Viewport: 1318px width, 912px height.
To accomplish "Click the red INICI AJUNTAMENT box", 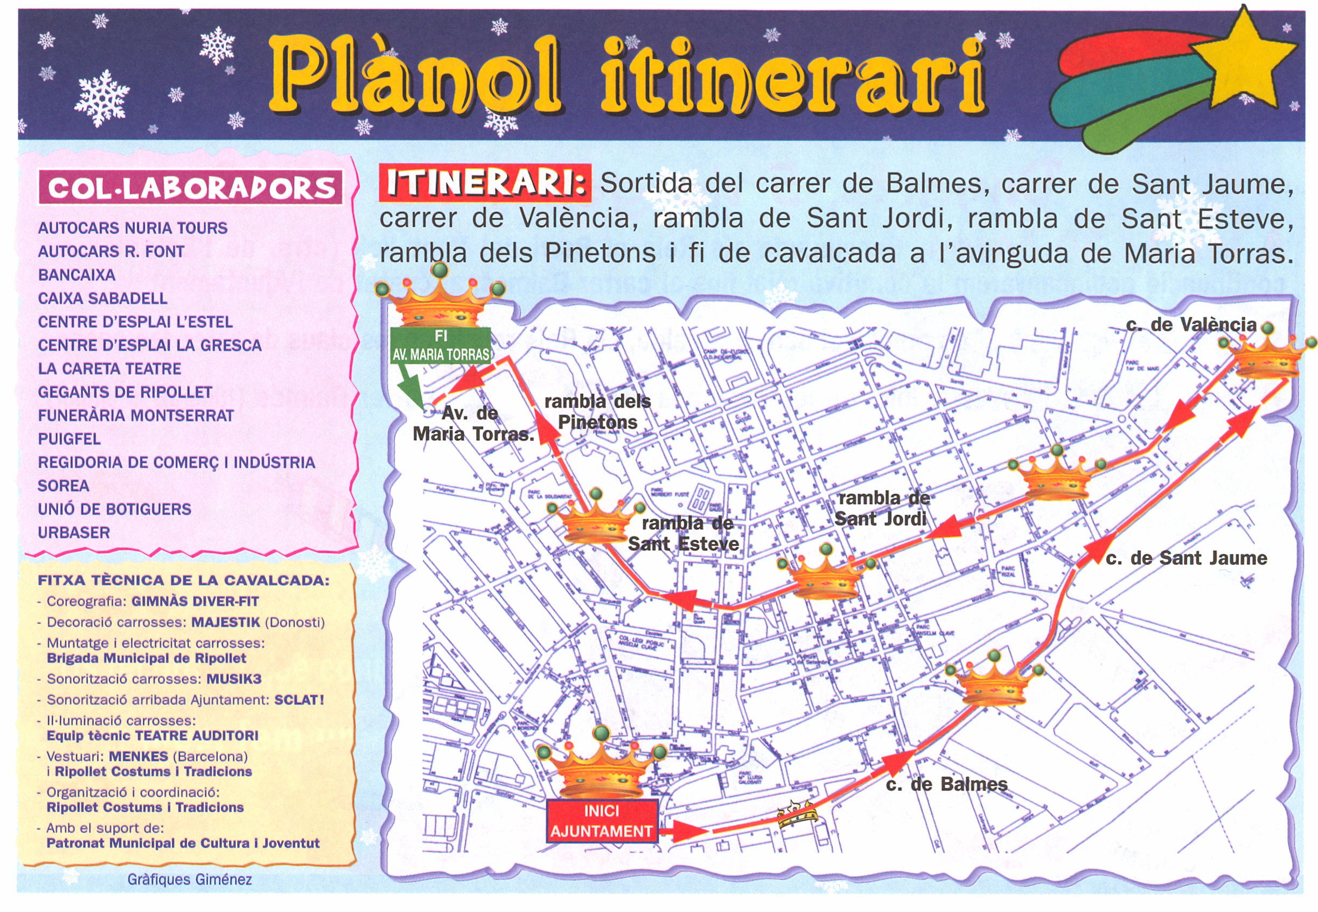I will (601, 820).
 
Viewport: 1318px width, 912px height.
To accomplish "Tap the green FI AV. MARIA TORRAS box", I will (440, 345).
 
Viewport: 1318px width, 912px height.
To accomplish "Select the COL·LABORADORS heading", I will (191, 188).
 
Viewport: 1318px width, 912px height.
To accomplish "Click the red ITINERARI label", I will (484, 183).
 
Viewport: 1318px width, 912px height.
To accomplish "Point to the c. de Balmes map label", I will (946, 784).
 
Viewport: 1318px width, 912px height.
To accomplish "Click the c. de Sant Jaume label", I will (1186, 558).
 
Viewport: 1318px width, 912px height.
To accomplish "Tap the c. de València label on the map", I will (1191, 324).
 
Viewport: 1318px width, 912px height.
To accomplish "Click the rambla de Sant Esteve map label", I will (684, 533).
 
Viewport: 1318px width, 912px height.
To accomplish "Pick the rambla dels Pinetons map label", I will (597, 411).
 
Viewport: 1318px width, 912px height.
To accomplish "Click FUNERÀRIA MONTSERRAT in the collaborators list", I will (136, 416).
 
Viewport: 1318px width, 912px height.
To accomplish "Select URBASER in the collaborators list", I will (74, 533).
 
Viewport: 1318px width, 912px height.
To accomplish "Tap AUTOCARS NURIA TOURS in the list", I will (133, 228).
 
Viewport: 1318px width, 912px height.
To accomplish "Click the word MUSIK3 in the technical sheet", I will (234, 679).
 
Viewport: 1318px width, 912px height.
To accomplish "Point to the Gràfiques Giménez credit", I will (189, 880).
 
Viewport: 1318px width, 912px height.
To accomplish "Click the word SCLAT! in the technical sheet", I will (298, 700).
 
